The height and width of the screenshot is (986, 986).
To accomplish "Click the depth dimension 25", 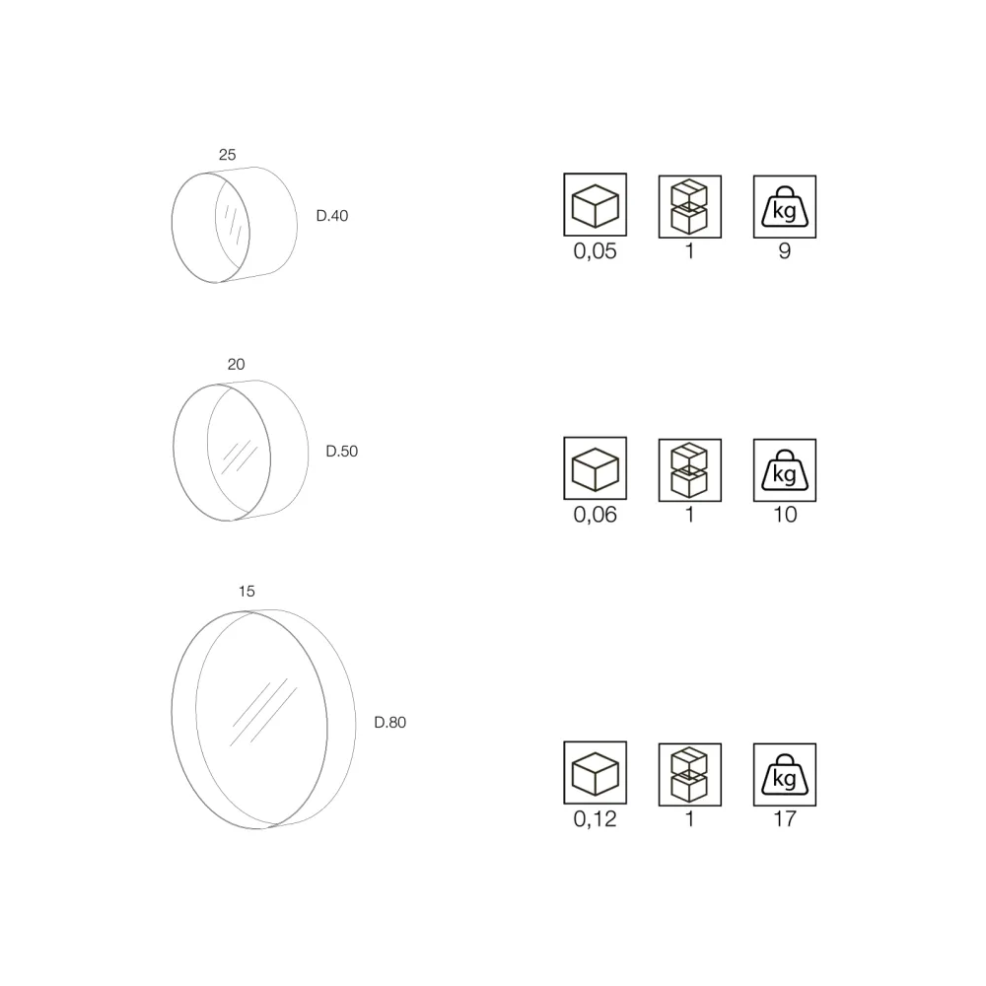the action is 227,155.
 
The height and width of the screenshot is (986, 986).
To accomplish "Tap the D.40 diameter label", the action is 332,216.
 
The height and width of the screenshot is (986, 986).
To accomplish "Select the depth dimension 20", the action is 236,364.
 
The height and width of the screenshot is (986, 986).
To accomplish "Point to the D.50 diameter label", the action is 341,451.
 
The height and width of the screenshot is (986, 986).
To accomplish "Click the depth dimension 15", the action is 246,591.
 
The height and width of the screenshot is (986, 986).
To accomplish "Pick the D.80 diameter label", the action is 389,723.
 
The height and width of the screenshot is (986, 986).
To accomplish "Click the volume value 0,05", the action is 595,250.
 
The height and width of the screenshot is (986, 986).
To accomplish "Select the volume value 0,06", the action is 595,515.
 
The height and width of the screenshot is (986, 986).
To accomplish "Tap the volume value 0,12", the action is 595,818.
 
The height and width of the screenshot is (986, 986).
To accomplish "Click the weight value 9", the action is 785,250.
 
